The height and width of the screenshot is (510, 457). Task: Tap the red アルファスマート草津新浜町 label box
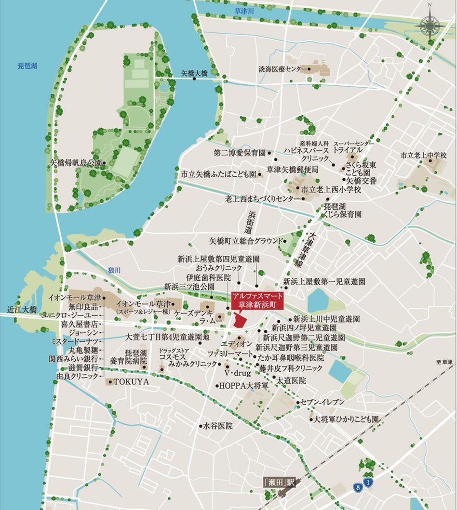[x=257, y=300]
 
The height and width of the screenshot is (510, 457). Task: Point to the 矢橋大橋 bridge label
[x=194, y=73]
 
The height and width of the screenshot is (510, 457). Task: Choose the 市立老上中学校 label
[x=424, y=156]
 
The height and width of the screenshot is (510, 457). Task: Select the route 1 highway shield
[x=368, y=482]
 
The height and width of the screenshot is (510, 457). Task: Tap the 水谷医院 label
[x=217, y=426]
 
